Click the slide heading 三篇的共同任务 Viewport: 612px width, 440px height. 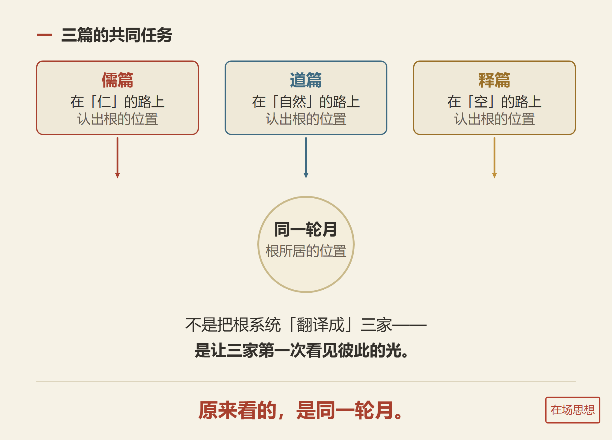tap(117, 35)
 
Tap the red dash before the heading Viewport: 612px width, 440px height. tap(44, 35)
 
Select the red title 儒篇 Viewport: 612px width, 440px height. tap(118, 80)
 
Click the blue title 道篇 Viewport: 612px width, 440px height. tap(306, 80)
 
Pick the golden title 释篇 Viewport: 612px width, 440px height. tap(494, 80)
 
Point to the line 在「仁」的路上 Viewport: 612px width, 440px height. tap(118, 102)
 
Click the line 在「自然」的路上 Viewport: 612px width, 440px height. tap(306, 102)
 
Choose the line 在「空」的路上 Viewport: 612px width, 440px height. tap(494, 102)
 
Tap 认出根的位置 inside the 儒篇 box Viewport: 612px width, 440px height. tap(118, 119)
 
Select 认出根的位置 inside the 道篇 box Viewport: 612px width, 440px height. tap(306, 119)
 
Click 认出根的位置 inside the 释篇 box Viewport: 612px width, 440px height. tap(494, 119)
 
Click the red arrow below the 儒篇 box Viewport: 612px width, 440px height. tap(118, 158)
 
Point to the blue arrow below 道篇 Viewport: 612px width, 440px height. tap(306, 158)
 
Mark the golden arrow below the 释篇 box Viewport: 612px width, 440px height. tap(494, 158)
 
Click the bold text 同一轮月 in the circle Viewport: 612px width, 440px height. tap(306, 229)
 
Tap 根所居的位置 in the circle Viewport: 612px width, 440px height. tap(306, 251)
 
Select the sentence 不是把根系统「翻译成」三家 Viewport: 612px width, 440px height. tap(289, 324)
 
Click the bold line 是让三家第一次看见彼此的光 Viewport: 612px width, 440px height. tap(302, 350)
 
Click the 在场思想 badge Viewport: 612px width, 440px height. tap(573, 410)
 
